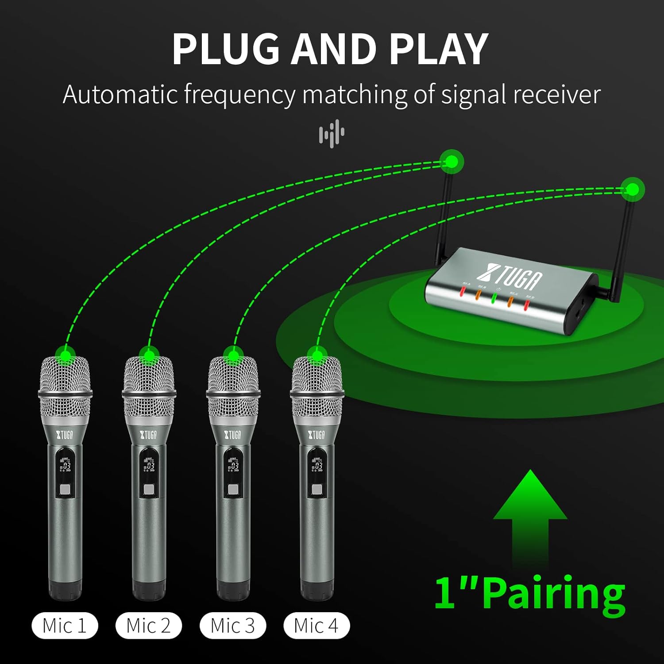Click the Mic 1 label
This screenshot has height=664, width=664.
(x=65, y=625)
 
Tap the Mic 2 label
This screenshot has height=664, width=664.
(x=149, y=625)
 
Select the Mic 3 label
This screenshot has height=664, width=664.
(x=233, y=625)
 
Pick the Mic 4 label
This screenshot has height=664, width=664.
(x=317, y=625)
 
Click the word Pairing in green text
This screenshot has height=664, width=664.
(x=553, y=593)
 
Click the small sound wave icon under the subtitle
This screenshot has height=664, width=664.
(x=332, y=133)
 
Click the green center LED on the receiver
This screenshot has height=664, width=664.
(x=494, y=298)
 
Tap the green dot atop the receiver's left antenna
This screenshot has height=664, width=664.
(x=451, y=162)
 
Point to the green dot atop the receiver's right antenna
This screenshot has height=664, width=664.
(x=633, y=189)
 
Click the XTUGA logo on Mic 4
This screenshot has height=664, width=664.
(x=317, y=435)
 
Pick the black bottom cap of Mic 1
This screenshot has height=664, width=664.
(x=65, y=591)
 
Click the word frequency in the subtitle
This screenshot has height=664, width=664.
(x=239, y=94)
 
